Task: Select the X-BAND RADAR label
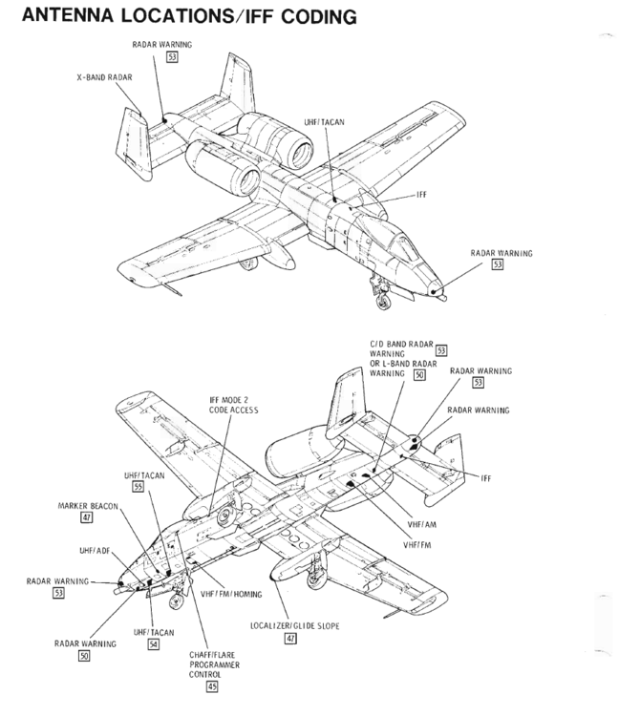coord(104,76)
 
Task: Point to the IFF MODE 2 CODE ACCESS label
coord(234,405)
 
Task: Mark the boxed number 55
coord(139,487)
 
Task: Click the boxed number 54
coord(154,644)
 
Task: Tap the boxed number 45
coord(212,685)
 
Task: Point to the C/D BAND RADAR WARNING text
coord(400,347)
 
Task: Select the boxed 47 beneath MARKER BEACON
coord(87,517)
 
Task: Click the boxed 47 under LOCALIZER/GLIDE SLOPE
coord(289,638)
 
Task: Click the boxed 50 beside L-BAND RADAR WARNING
coord(419,375)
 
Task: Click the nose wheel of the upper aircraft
coord(382,305)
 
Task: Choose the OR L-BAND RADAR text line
coord(402,364)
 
